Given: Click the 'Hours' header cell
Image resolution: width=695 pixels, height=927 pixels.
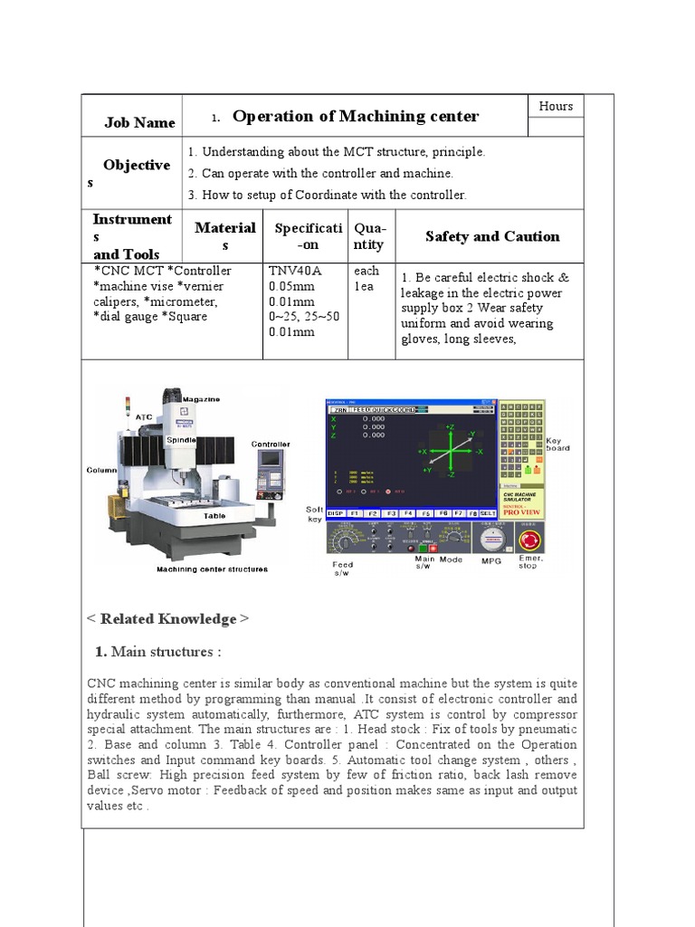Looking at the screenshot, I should tap(556, 106).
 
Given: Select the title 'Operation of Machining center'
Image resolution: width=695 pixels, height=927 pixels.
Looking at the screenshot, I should tap(356, 116).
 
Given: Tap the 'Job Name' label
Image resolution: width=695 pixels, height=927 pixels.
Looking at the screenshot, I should tap(139, 123).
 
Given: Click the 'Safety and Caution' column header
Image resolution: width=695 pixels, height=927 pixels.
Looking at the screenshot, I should tap(491, 236).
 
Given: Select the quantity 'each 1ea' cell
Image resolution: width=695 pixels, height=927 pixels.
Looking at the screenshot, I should tap(367, 278).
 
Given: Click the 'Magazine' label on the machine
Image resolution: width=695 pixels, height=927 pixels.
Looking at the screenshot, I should tap(201, 399).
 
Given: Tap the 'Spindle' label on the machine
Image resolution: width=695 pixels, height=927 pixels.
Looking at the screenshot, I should tap(181, 438).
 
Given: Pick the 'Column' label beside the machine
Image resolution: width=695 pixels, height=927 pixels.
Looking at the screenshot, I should tap(102, 471).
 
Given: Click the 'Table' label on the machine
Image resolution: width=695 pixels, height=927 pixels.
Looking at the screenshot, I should tap(214, 516).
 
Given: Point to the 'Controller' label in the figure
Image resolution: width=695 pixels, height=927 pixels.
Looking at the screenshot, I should tap(271, 444).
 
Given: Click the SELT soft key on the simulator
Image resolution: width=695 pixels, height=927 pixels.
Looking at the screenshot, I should tap(488, 513).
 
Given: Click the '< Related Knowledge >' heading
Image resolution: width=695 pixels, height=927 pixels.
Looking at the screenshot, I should tap(167, 619).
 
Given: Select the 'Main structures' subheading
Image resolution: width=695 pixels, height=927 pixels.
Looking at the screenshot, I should tap(158, 652).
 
